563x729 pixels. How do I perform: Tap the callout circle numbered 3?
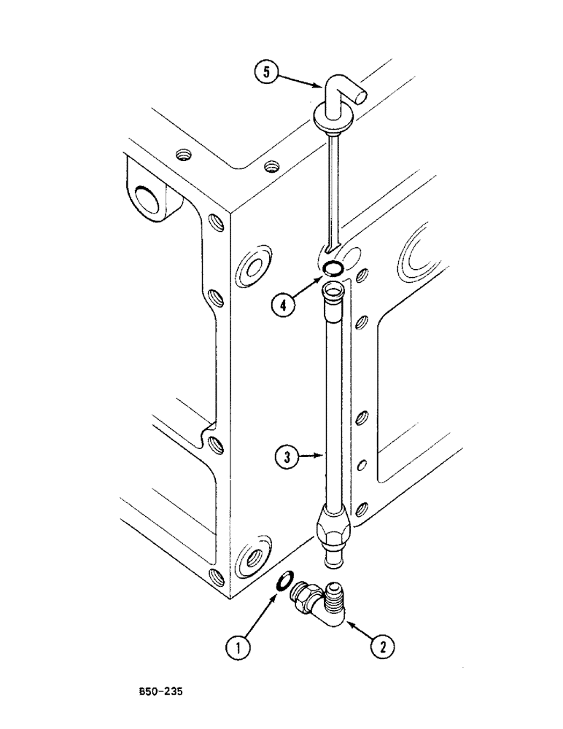tap(288, 458)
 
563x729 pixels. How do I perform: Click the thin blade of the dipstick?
tap(333, 190)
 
